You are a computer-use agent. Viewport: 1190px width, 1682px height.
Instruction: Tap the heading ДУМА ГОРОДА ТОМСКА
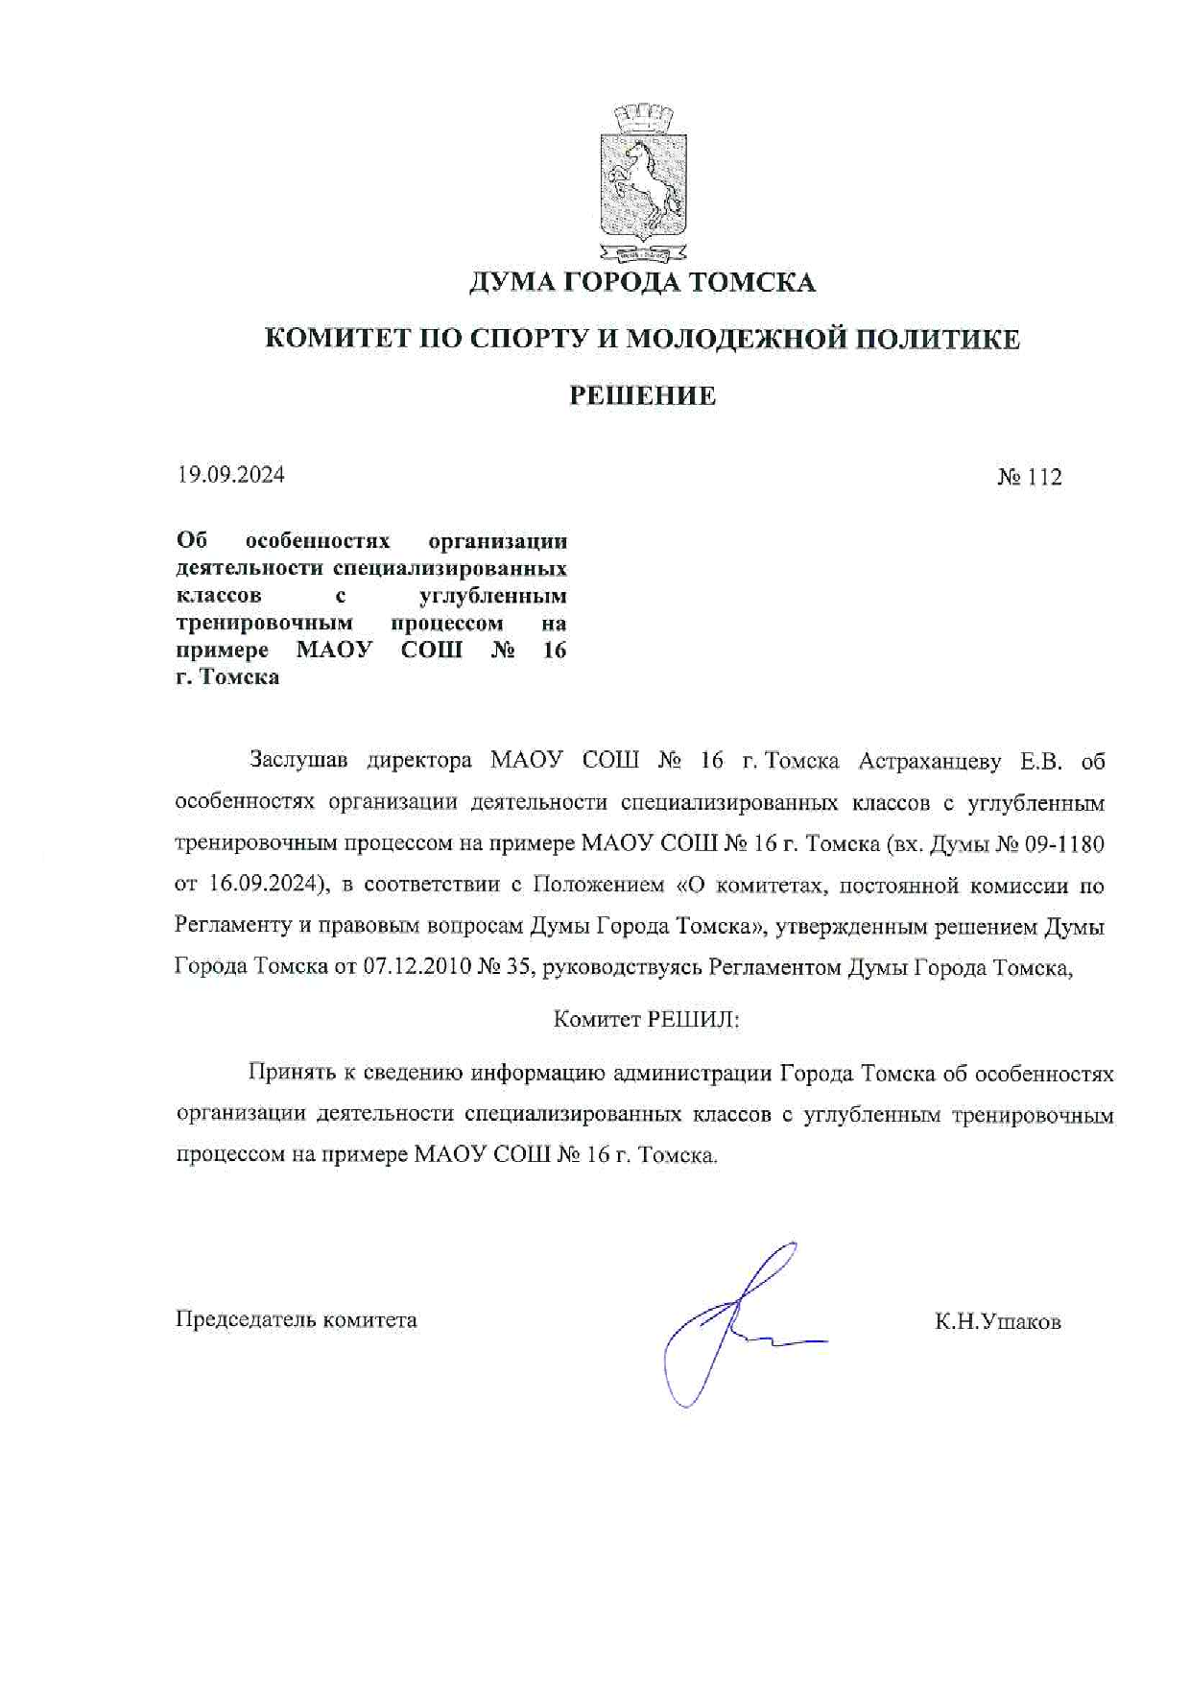pyautogui.click(x=642, y=283)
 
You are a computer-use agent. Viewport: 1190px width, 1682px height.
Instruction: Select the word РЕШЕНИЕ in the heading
pyautogui.click(x=643, y=395)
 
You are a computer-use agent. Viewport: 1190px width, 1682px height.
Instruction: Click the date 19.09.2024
pyautogui.click(x=230, y=474)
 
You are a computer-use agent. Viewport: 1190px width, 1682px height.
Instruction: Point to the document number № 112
pyautogui.click(x=1029, y=477)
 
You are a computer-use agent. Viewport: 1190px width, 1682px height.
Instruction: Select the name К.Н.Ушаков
pyautogui.click(x=998, y=1321)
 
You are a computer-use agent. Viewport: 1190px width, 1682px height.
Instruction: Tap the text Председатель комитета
pyautogui.click(x=296, y=1319)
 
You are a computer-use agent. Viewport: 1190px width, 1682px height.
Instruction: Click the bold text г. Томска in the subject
pyautogui.click(x=227, y=676)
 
